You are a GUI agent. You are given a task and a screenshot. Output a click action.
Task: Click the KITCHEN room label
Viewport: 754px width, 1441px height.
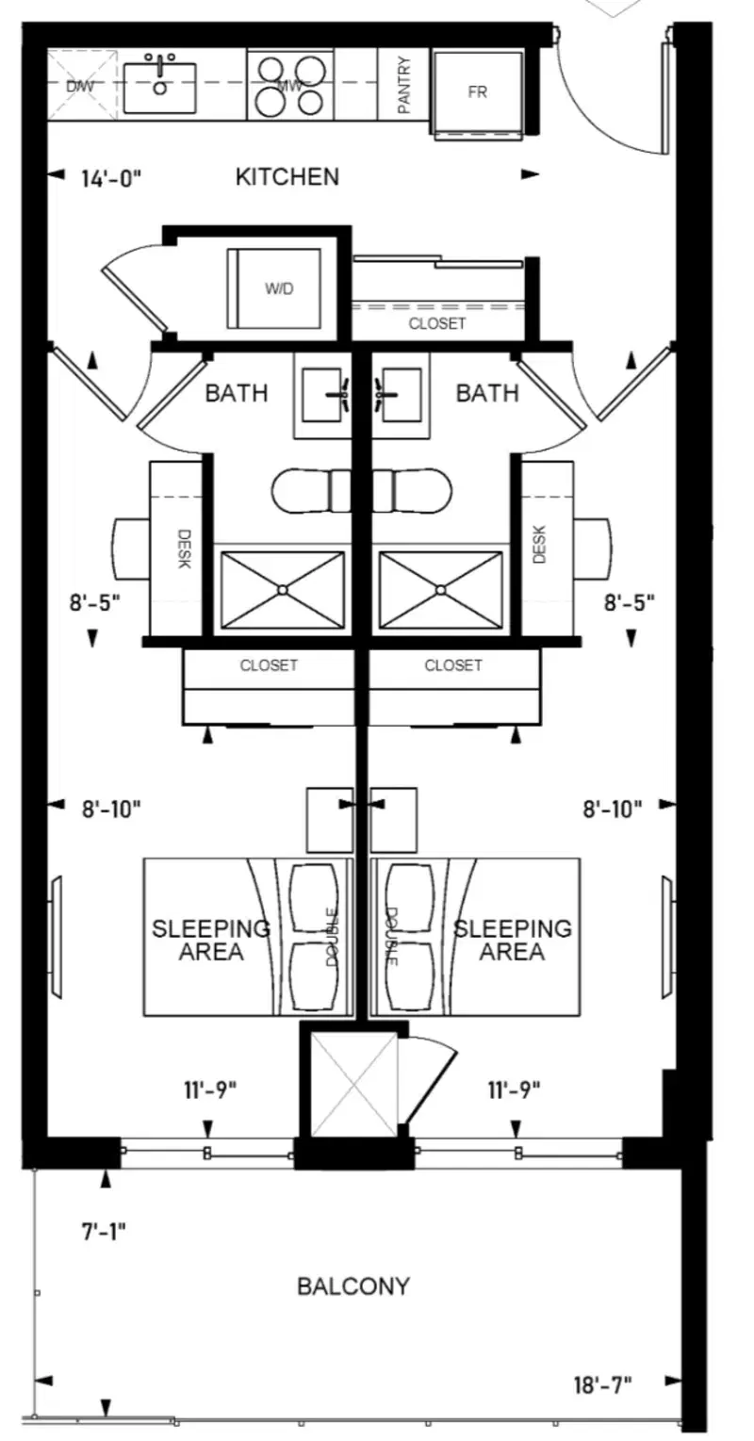287,177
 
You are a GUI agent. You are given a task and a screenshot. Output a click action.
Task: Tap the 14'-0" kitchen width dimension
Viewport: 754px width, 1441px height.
110,178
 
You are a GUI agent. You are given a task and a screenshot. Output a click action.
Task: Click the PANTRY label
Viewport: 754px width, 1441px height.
403,85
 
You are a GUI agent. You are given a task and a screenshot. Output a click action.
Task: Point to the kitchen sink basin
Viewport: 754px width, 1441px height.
159,89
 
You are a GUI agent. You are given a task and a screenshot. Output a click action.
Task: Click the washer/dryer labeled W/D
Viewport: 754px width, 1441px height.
274,288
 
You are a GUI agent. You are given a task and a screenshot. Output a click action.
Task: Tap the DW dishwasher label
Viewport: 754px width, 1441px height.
80,86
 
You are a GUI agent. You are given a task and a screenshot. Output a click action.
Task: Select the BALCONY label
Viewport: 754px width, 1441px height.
353,1285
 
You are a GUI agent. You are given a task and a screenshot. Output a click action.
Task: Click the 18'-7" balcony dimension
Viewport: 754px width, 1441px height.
603,1384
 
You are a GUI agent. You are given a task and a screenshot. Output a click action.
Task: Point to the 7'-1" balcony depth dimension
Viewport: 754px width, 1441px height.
103,1231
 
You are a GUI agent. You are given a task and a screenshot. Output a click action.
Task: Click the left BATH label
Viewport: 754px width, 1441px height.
237,393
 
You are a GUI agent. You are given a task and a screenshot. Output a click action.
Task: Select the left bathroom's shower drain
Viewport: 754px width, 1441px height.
283,589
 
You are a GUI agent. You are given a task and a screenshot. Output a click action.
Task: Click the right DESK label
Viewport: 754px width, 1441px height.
540,544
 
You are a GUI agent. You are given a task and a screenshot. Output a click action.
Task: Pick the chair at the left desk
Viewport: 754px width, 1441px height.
132,548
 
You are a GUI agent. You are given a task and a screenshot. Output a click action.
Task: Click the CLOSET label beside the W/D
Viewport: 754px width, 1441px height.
436,323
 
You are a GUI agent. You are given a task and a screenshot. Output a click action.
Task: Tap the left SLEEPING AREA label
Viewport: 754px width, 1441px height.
211,940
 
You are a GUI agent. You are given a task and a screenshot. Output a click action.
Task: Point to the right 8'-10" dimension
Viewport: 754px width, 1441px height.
612,809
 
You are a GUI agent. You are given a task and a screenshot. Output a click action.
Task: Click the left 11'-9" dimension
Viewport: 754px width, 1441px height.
210,1089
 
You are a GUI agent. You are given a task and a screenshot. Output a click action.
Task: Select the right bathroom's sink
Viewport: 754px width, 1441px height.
401,395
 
